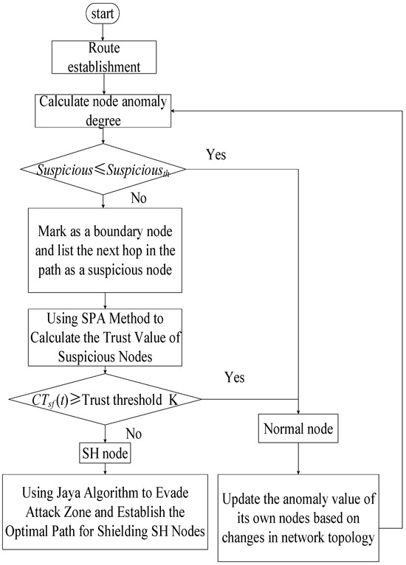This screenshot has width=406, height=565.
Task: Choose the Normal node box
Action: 298,428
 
